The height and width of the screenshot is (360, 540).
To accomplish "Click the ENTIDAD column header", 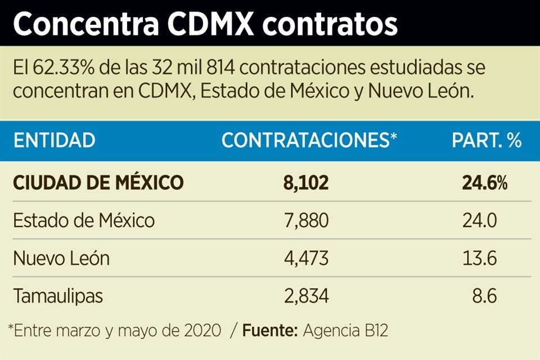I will pyautogui.click(x=54, y=141).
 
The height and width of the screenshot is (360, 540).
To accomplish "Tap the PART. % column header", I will pyautogui.click(x=487, y=141).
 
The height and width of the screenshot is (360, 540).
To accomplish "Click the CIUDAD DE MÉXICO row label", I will pyautogui.click(x=98, y=182).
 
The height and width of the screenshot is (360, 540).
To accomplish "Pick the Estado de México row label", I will pyautogui.click(x=84, y=220).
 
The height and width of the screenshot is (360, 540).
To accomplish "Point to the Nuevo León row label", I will pyautogui.click(x=61, y=258).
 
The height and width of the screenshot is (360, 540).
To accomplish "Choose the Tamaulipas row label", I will pyautogui.click(x=58, y=296).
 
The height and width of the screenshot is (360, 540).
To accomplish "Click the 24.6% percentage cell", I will pyautogui.click(x=485, y=182).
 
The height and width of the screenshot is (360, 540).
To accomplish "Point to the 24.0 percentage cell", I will pyautogui.click(x=479, y=220).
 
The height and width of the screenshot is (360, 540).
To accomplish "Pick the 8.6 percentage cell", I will pyautogui.click(x=484, y=296).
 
